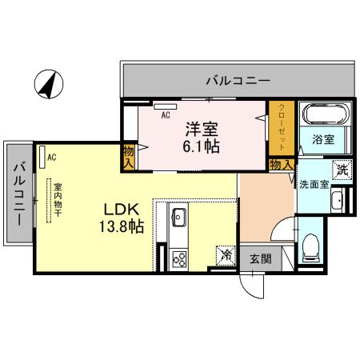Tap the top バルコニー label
[x=237, y=80]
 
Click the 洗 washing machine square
[x=342, y=169]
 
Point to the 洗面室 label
[x=312, y=184]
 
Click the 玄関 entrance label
[x=259, y=258]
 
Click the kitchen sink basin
[x=178, y=217]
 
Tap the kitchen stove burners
[x=178, y=258]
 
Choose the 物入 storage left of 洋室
[x=128, y=155]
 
